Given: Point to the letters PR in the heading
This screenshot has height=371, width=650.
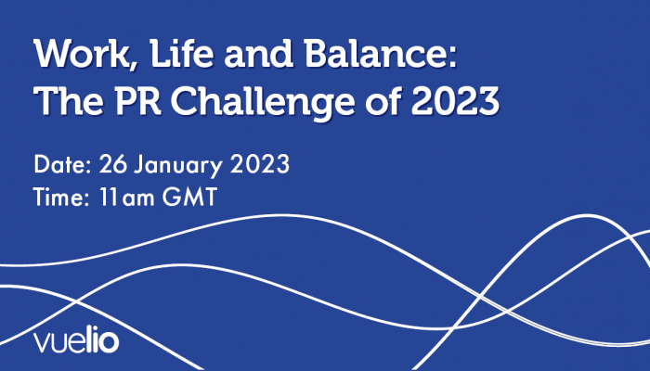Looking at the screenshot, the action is point(137,101).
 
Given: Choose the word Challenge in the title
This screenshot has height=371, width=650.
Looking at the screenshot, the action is point(263,104).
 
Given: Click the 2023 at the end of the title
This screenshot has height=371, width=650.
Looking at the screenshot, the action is point(455,101).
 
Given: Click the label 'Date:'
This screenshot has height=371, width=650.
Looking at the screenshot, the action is point(62,164).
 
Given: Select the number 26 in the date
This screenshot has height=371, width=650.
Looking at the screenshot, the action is point(112,164).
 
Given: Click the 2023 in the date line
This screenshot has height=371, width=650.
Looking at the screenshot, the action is point(259,164).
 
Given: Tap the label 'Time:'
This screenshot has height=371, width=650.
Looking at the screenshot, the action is point(61,197).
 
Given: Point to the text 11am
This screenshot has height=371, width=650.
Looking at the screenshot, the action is point(127,197).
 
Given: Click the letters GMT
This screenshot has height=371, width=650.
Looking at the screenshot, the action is point(189,197).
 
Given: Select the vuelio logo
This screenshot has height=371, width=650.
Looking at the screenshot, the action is point(76,339).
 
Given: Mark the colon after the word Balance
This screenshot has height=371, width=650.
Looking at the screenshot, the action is point(452,58).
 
